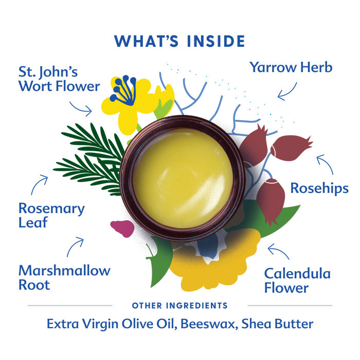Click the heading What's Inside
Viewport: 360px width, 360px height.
pos(179,41)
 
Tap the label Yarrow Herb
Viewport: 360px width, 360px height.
pos(291,67)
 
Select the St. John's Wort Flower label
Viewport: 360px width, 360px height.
pos(59,79)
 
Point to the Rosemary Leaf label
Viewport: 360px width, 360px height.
pos(51,215)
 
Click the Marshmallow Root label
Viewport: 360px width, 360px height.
pos(64,277)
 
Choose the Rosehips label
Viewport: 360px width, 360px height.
pos(319,188)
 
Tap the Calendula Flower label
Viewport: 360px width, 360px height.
pos(297,280)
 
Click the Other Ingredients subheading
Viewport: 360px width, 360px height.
pos(180,305)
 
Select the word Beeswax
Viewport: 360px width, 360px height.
pos(209,324)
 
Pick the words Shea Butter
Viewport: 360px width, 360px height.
pos(277,324)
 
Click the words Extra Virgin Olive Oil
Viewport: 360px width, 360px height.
pos(112,324)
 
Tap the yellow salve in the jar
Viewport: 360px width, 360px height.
pos(183,178)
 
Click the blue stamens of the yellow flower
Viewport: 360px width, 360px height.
pos(123,90)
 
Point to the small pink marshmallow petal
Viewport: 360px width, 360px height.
pos(122,228)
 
